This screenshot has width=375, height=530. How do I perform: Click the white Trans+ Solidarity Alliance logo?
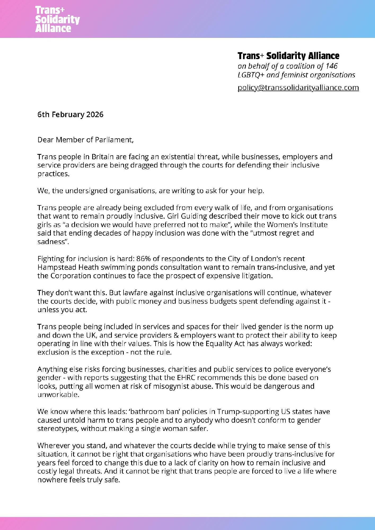click(x=57, y=19)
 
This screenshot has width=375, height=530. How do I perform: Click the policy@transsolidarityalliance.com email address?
click(x=298, y=87)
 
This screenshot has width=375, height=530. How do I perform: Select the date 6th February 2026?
click(x=70, y=114)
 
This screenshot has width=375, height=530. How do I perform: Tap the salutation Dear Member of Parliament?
click(x=85, y=140)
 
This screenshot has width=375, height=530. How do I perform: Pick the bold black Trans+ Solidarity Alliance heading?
click(x=288, y=56)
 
